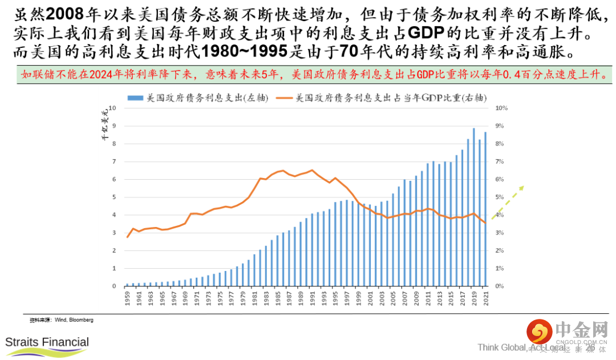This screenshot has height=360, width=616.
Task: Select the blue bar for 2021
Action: (x=485, y=209)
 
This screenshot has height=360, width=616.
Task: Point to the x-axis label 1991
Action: (x=312, y=298)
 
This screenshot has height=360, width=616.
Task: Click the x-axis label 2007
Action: (x=404, y=298)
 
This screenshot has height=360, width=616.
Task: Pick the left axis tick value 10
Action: (x=112, y=108)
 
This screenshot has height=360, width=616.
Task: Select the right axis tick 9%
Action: (x=501, y=126)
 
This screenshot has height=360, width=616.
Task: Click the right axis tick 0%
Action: (x=501, y=286)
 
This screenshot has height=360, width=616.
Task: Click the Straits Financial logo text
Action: (x=47, y=342)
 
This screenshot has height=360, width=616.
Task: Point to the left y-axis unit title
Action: (x=104, y=128)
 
